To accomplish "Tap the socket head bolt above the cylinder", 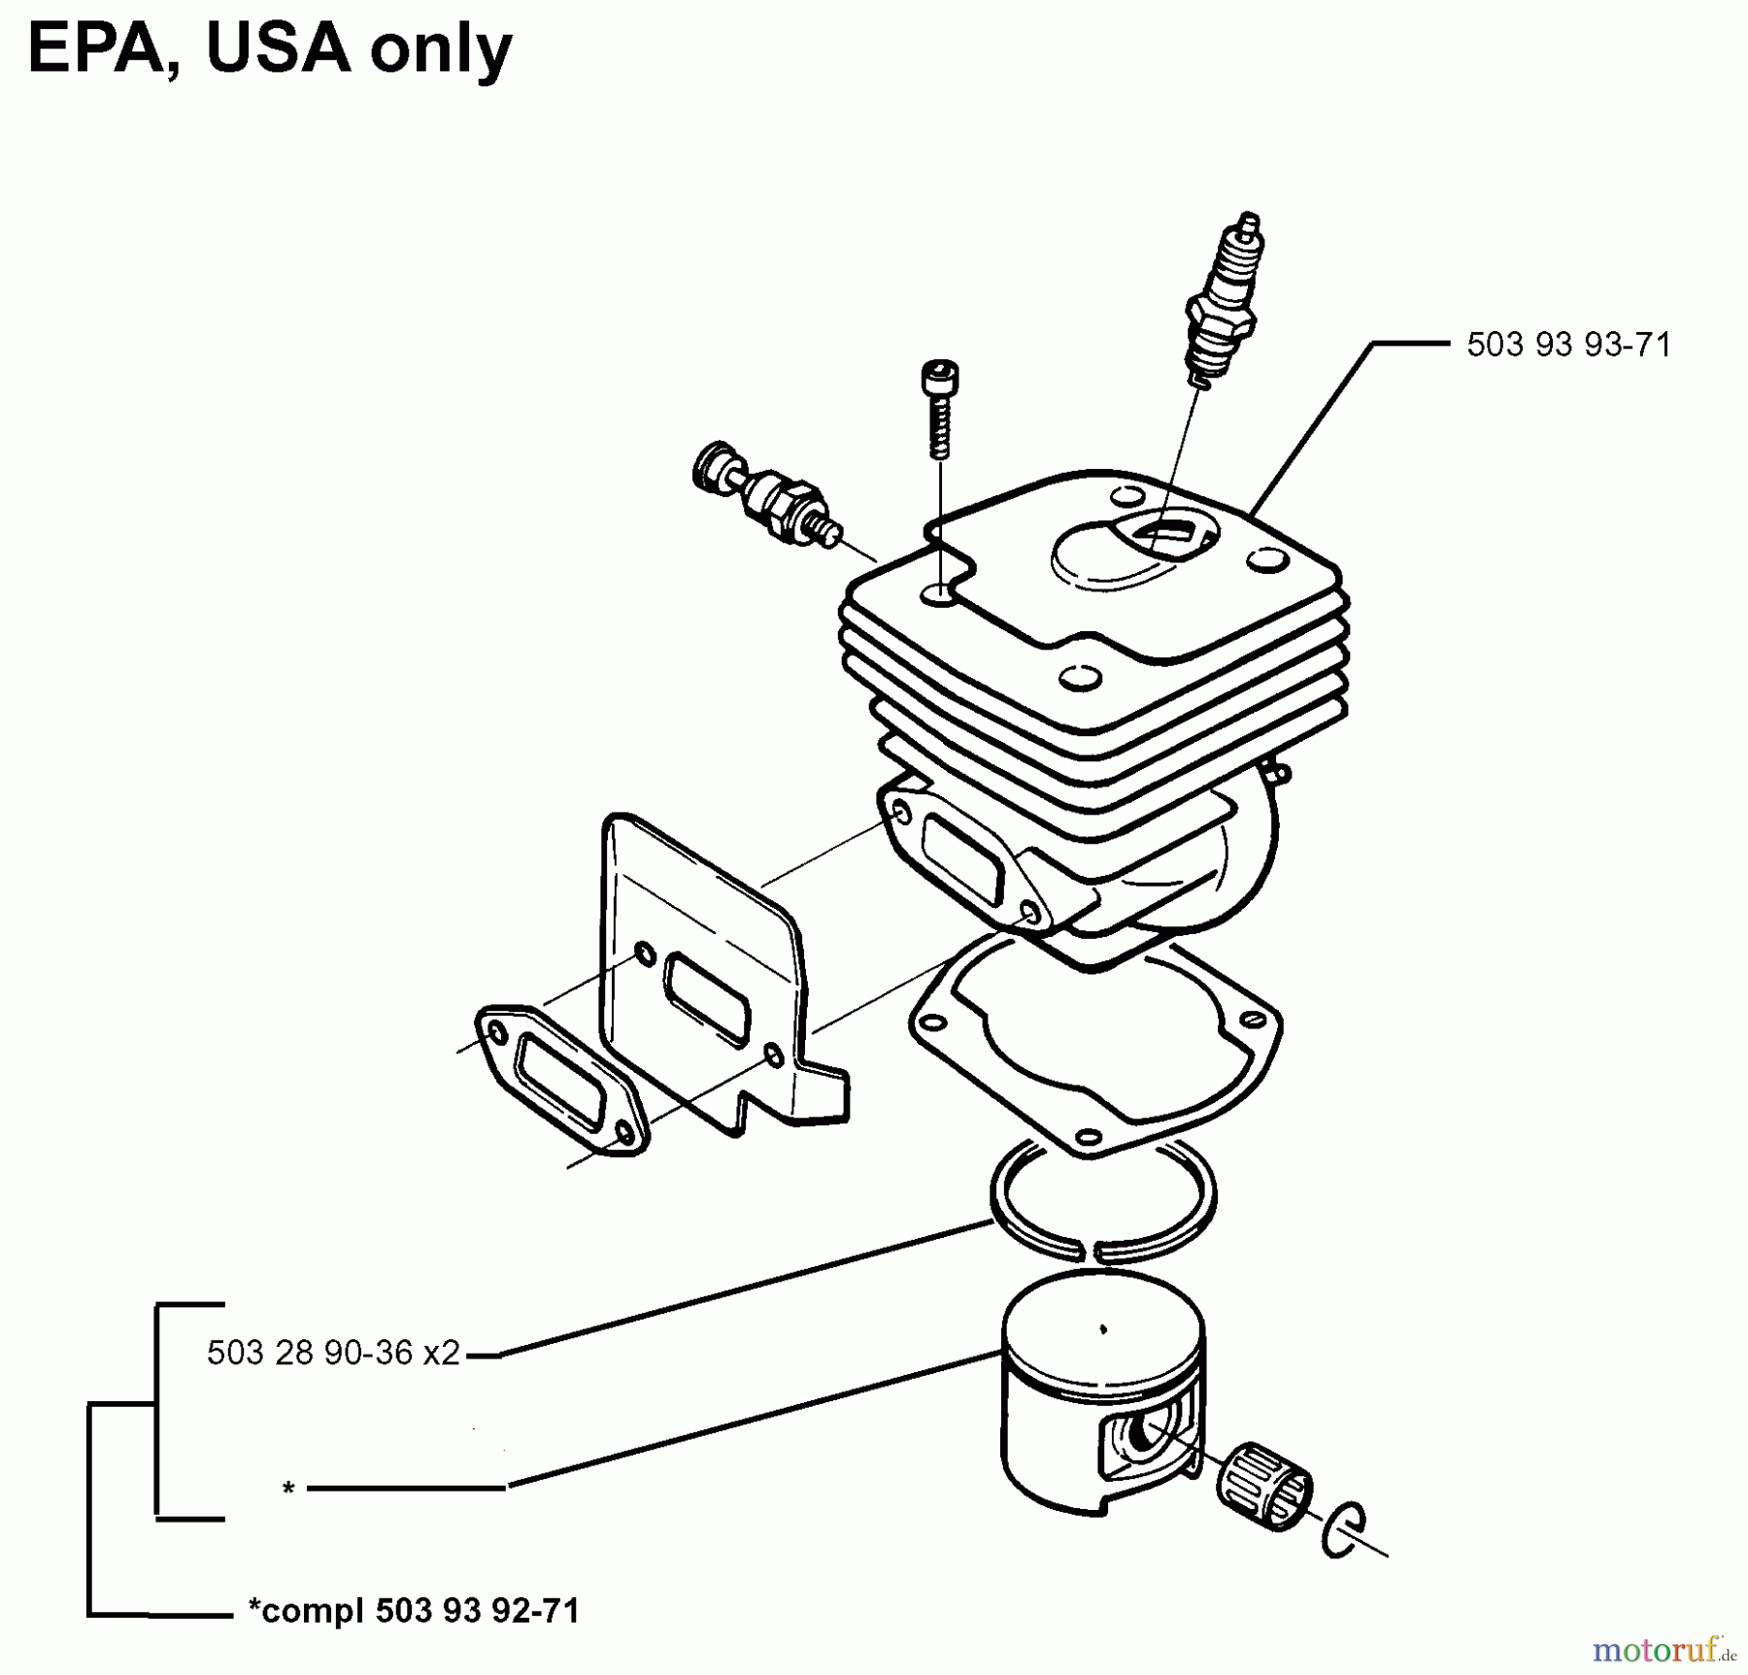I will pyautogui.click(x=939, y=408).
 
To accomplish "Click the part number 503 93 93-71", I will pyautogui.click(x=1568, y=345).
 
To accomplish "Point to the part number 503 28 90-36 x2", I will pyautogui.click(x=333, y=1353).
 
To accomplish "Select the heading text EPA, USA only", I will pyautogui.click(x=270, y=49).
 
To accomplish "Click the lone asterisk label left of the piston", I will pyautogui.click(x=287, y=1488).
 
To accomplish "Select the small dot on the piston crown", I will pyautogui.click(x=1102, y=1329).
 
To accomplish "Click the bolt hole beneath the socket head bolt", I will pyautogui.click(x=939, y=594).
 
